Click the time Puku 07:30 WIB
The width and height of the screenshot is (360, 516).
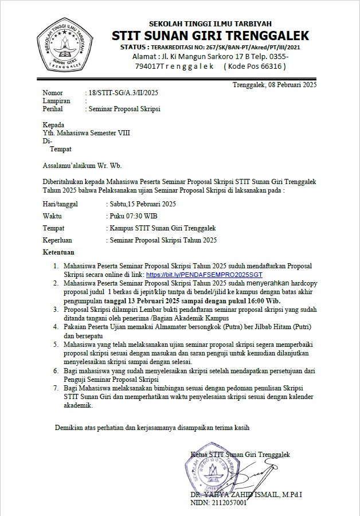[134, 216]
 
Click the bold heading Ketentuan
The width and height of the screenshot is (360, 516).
[58, 252]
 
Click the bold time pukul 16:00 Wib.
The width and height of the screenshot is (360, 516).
[256, 300]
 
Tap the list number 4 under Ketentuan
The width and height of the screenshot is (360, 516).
[56, 326]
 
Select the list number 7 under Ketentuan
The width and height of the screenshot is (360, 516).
[56, 388]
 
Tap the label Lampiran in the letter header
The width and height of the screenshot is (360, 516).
[56, 100]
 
